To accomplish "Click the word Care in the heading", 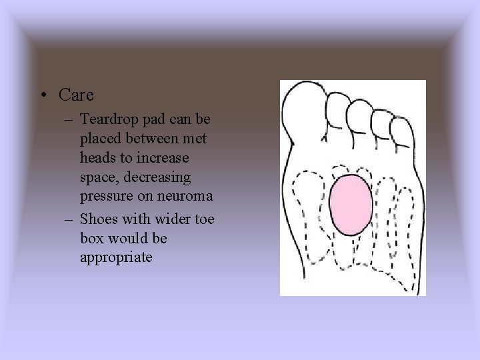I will (x=76, y=95).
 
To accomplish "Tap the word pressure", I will (x=103, y=197).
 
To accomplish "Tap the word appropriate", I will (x=116, y=257).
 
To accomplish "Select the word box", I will (x=91, y=238).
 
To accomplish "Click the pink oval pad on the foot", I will (x=351, y=204).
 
